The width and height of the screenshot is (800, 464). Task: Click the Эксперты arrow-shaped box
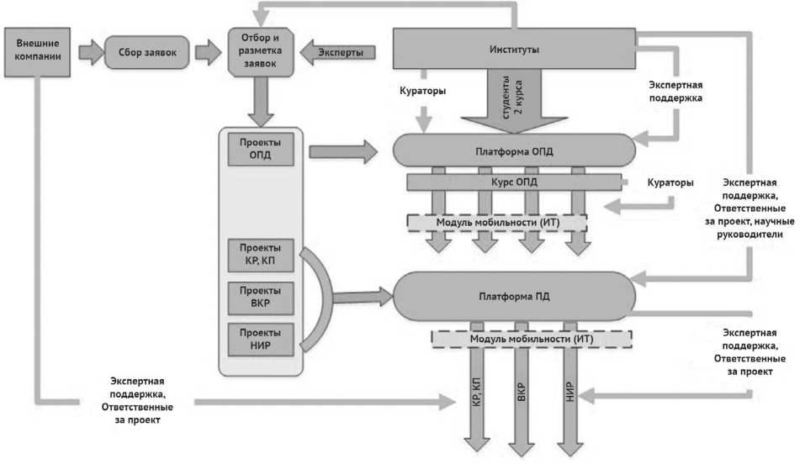point(336,52)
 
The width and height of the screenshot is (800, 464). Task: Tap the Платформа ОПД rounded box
point(514,151)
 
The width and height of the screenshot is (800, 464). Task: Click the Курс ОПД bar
point(514,182)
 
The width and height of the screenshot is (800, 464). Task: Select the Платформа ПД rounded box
point(514,296)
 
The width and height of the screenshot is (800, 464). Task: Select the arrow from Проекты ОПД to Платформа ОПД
point(342,152)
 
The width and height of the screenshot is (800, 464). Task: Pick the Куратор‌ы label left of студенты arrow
point(424,90)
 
